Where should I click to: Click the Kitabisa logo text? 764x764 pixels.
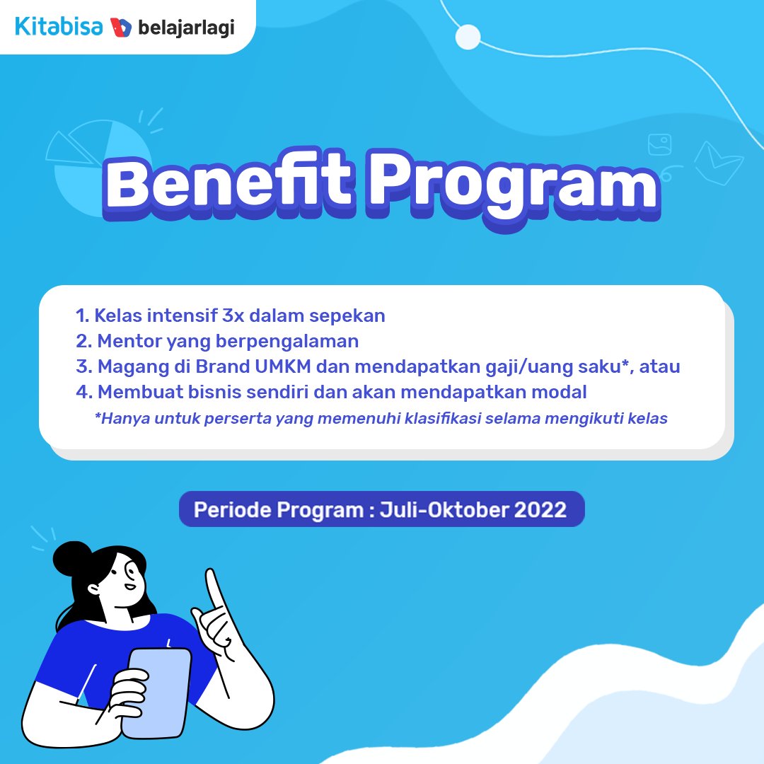pos(59,26)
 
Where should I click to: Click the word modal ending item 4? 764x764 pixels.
pos(562,391)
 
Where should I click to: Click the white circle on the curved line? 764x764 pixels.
pos(468,37)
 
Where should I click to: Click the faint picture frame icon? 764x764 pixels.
pos(660,144)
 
